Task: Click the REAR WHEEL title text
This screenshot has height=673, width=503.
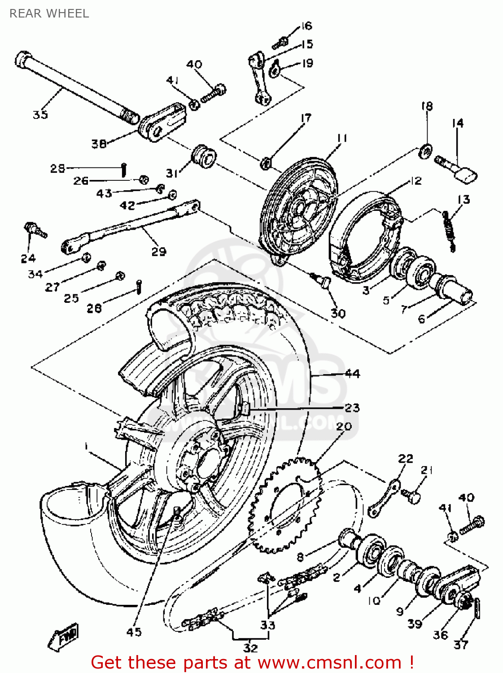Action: (49, 13)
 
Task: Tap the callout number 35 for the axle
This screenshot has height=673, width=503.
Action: (40, 114)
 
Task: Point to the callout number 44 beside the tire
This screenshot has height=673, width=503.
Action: (352, 373)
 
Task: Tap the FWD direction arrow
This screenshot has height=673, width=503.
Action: (64, 636)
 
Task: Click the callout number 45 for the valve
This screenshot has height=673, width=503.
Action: (134, 632)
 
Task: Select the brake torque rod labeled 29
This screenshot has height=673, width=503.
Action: (130, 227)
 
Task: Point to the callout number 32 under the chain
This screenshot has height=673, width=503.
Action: (250, 647)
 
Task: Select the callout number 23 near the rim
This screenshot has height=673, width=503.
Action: (352, 407)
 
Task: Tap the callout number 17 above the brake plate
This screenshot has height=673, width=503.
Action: (306, 118)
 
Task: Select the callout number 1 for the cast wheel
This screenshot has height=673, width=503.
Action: (85, 446)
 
